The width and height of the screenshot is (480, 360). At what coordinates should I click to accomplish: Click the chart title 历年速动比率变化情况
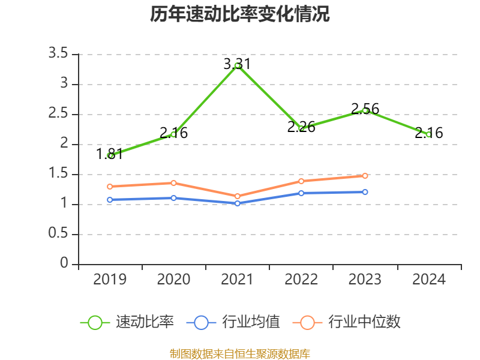click(240, 14)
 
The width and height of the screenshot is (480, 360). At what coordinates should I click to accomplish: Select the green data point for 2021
click(238, 65)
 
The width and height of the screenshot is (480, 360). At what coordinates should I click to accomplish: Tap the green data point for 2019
click(110, 155)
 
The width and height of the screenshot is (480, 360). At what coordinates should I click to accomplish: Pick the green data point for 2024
click(428, 134)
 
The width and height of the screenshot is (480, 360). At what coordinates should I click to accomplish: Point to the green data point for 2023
click(365, 110)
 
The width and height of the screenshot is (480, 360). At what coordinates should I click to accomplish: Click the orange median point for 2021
click(238, 196)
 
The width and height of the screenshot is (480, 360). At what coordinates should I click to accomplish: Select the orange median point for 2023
click(365, 176)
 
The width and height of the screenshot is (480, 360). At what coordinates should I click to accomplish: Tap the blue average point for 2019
click(110, 200)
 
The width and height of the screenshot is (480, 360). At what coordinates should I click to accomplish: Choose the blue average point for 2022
click(301, 193)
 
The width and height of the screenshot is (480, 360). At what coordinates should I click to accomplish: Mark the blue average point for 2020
click(173, 198)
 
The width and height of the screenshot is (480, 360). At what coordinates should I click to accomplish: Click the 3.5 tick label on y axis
click(58, 54)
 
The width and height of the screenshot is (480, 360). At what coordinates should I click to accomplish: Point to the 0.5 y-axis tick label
click(58, 234)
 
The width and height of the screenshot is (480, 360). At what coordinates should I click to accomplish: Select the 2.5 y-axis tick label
click(58, 114)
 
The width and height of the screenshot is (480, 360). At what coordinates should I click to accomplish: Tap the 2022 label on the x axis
click(301, 280)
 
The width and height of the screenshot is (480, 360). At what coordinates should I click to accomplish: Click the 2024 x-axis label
click(428, 280)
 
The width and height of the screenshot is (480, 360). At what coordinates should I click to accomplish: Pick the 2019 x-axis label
click(110, 280)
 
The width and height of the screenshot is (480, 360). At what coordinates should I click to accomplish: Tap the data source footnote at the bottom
click(240, 353)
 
